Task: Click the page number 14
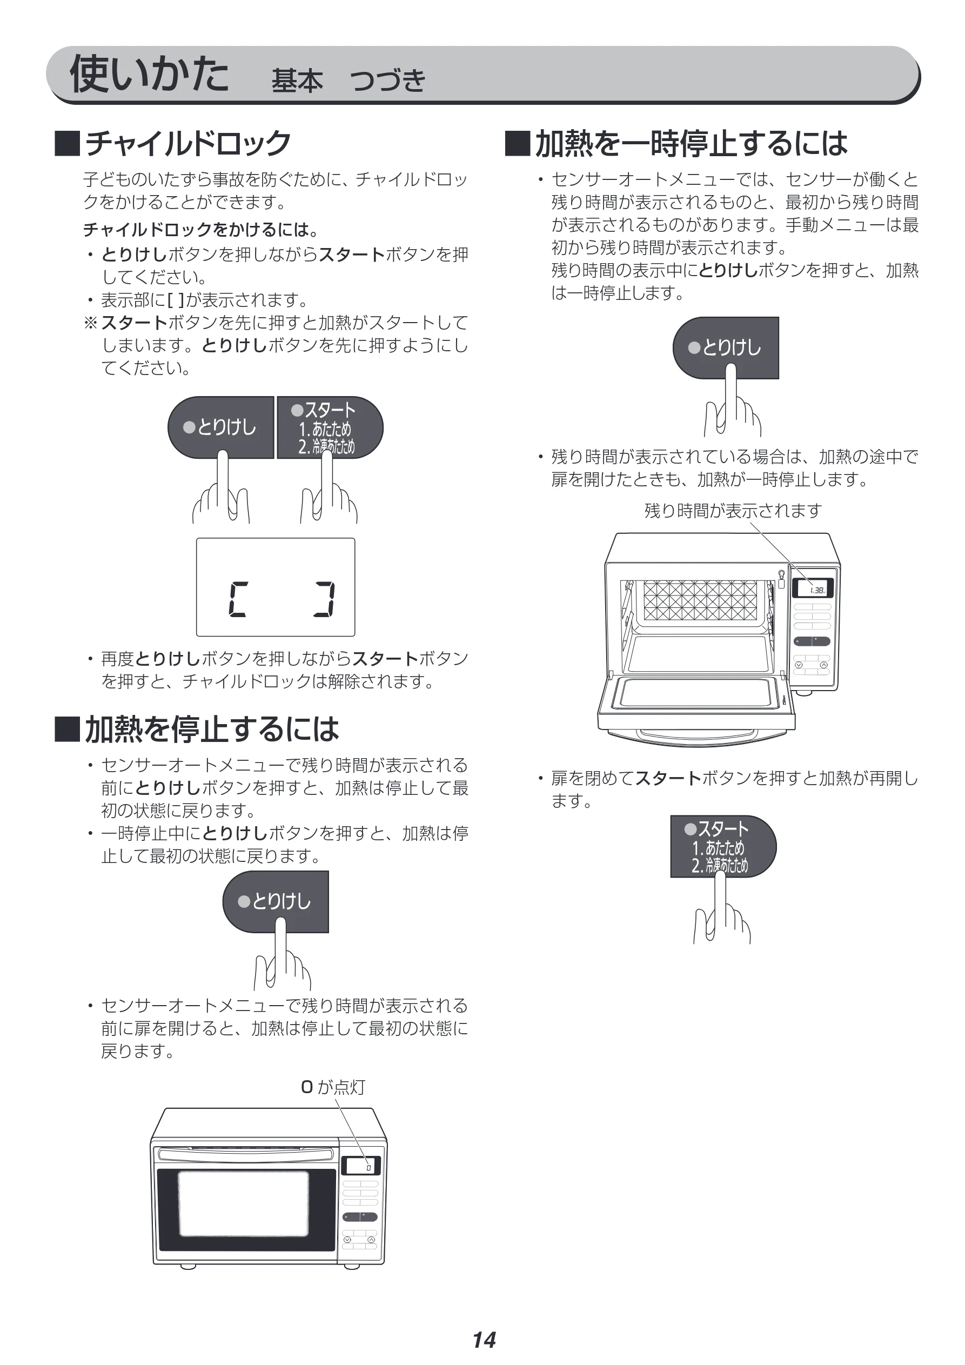click(484, 1340)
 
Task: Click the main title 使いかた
click(149, 73)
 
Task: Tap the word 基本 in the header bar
click(297, 81)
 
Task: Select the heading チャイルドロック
click(187, 143)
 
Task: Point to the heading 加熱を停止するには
click(212, 729)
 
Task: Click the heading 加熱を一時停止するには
click(691, 143)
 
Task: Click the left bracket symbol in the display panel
click(237, 599)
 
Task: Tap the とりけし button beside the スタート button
click(220, 427)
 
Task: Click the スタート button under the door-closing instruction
click(723, 846)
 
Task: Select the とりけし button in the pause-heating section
click(726, 348)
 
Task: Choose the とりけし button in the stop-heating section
click(275, 902)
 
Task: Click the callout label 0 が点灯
click(333, 1087)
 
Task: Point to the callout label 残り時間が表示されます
click(733, 511)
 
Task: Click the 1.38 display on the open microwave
click(813, 588)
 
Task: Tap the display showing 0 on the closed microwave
click(360, 1165)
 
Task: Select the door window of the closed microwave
click(244, 1203)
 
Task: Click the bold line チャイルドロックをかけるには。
click(201, 230)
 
